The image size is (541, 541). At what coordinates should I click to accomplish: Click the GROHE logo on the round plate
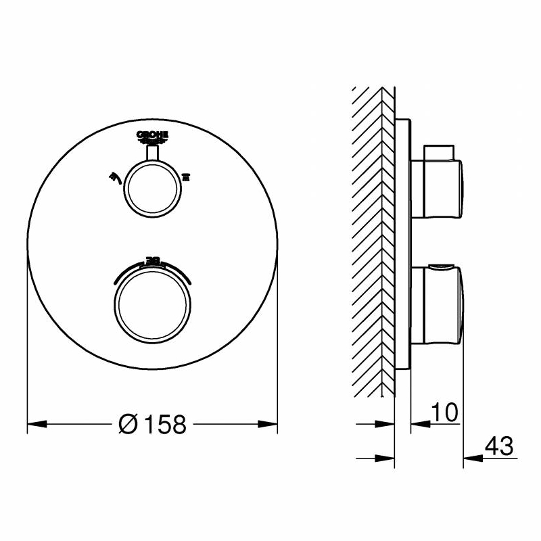(152, 137)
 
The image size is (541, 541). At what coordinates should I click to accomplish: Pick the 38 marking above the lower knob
(152, 259)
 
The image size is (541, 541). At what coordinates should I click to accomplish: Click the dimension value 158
(162, 425)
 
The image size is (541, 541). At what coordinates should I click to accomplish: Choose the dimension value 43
(500, 446)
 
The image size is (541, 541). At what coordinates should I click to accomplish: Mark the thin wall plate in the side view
(402, 243)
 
